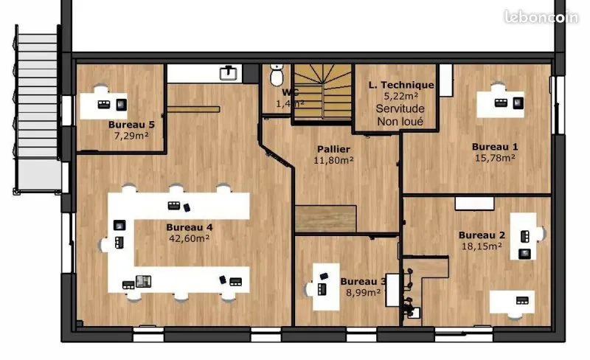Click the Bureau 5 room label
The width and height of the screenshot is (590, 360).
pyautogui.click(x=131, y=124)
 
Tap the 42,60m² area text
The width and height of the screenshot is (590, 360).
pyautogui.click(x=190, y=238)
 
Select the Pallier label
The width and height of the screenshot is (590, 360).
pyautogui.click(x=333, y=149)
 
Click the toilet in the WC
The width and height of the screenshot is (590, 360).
pyautogui.click(x=277, y=75)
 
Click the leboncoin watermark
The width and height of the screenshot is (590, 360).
pyautogui.click(x=541, y=17)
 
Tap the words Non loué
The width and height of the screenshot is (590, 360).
pyautogui.click(x=400, y=122)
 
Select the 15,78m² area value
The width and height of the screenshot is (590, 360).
pyautogui.click(x=495, y=158)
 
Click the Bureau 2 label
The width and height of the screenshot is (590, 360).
pyautogui.click(x=482, y=235)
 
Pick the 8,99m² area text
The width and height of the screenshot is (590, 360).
pyautogui.click(x=363, y=293)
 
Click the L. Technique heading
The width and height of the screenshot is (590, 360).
pyautogui.click(x=401, y=85)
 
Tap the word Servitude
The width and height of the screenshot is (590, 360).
pyautogui.click(x=400, y=109)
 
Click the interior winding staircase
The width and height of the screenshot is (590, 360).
pyautogui.click(x=323, y=92)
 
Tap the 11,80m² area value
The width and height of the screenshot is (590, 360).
pyautogui.click(x=334, y=160)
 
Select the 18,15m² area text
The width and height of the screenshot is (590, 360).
pyautogui.click(x=482, y=246)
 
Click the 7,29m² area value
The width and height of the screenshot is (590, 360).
pyautogui.click(x=131, y=136)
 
